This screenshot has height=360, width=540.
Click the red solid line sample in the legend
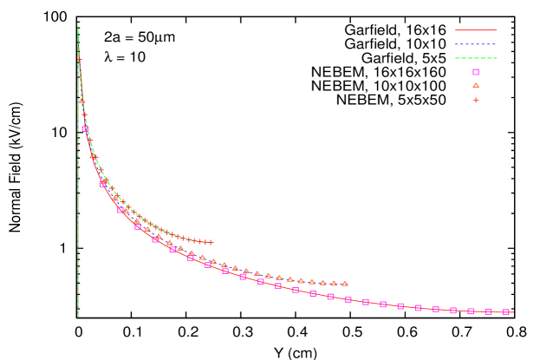point(475,30)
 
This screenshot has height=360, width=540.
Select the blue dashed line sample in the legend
point(475,44)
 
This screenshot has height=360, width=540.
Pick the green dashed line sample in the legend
point(475,58)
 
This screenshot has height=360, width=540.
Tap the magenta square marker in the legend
point(475,72)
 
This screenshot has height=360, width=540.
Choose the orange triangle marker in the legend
point(475,85)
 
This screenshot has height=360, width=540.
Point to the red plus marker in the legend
point(475,100)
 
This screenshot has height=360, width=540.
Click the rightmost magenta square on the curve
point(505,311)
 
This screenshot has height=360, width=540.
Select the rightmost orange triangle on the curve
point(344,283)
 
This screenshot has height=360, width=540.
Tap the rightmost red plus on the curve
point(210,242)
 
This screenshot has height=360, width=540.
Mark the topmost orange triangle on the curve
point(82,101)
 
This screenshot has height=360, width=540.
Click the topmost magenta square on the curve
point(85,128)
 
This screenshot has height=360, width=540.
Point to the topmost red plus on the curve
point(79,59)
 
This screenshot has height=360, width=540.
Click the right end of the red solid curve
point(513,312)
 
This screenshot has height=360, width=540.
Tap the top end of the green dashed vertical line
point(78,27)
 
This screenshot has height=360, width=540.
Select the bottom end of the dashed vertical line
point(78,317)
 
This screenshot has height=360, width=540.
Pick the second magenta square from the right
point(488,311)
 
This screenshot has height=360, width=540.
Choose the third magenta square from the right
point(471,311)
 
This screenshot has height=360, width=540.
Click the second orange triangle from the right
point(334,283)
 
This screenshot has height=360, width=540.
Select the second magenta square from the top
point(103,183)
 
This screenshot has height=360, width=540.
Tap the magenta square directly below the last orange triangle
point(348,299)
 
